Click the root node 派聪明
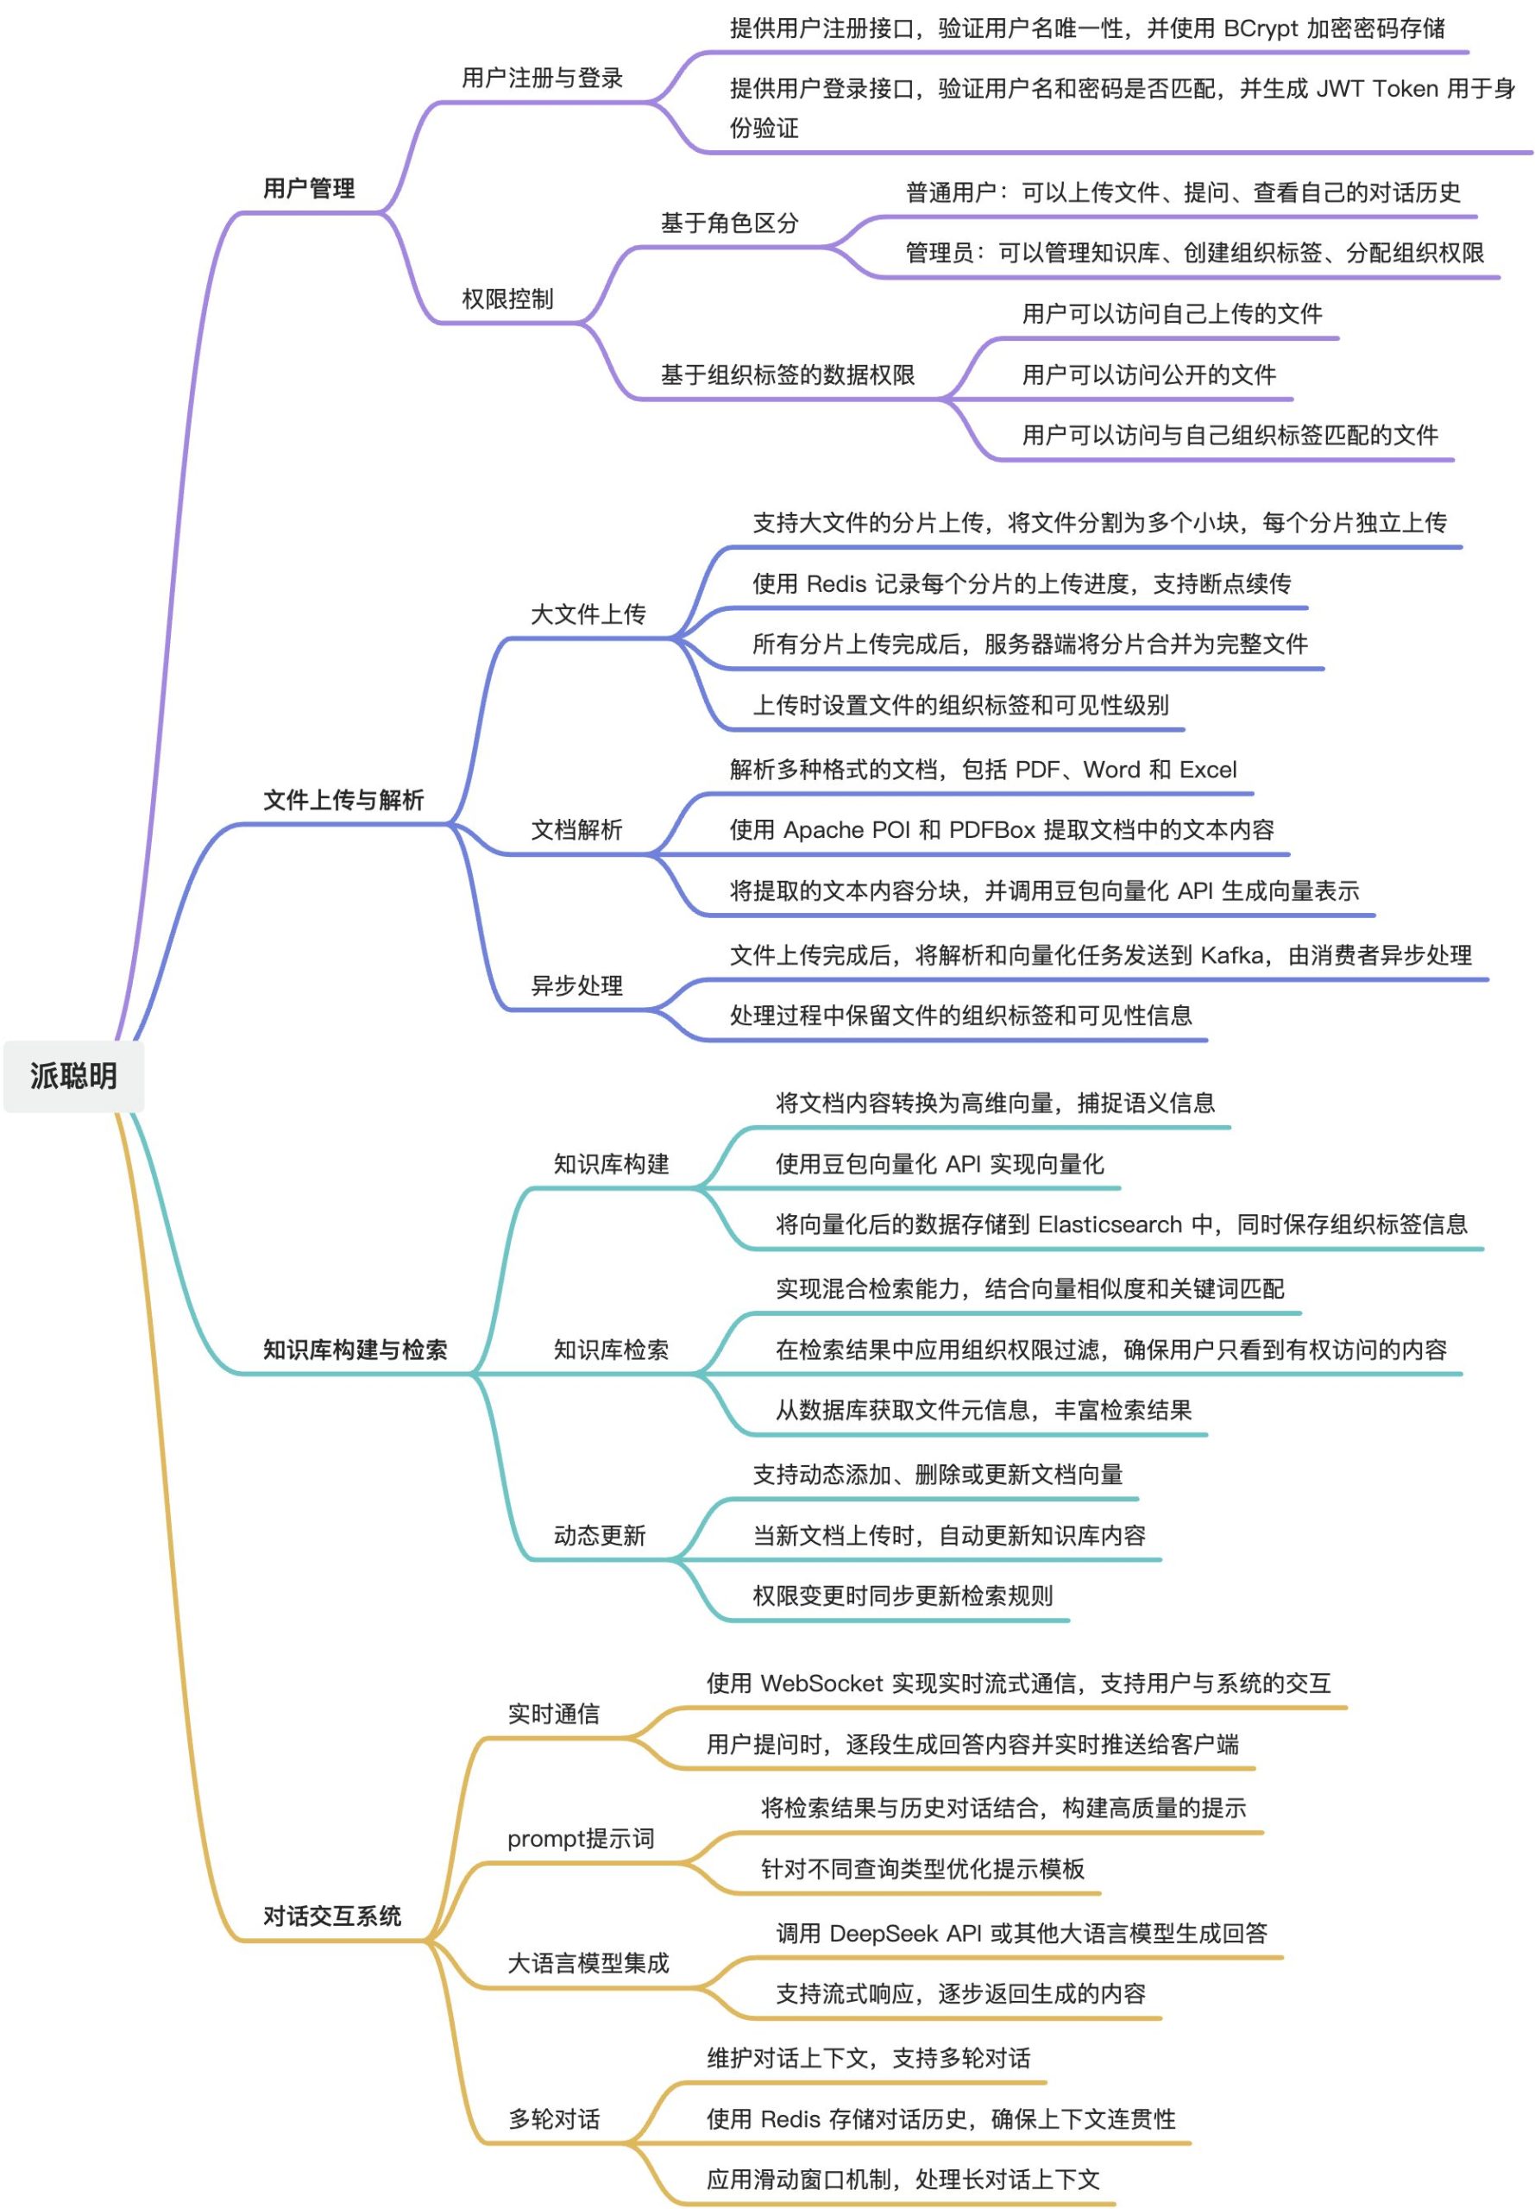[x=73, y=1075]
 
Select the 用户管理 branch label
[x=309, y=187]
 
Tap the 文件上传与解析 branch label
[x=343, y=799]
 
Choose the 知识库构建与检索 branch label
[x=355, y=1350]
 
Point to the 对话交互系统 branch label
[x=332, y=1916]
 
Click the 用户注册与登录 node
[x=543, y=78]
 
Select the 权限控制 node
[x=508, y=299]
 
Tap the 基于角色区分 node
[x=729, y=223]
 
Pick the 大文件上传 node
[x=588, y=614]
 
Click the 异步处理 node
[x=577, y=985]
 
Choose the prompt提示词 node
[x=581, y=1839]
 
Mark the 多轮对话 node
[x=554, y=2118]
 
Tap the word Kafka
[x=1232, y=955]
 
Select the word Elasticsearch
[x=1110, y=1224]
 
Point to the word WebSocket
[x=821, y=1683]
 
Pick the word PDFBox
[x=991, y=830]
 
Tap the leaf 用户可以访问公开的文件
[x=1148, y=375]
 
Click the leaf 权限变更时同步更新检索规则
[x=903, y=1596]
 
